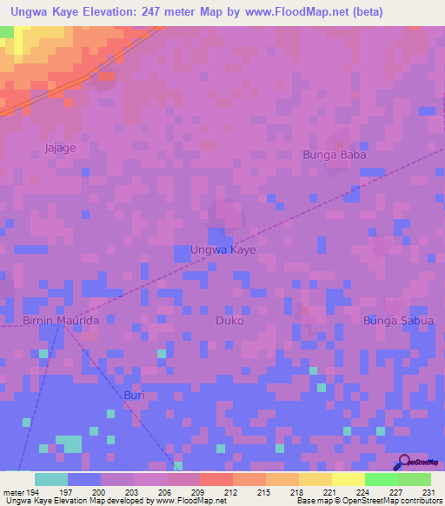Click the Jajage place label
[x=61, y=148]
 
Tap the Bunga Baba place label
[x=335, y=155]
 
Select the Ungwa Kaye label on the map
[x=222, y=250]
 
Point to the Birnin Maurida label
[x=61, y=321]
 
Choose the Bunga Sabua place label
[x=397, y=321]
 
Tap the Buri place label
[x=134, y=396]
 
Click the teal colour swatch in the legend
[x=51, y=479]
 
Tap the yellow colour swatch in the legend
[x=348, y=479]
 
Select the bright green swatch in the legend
[x=381, y=479]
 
